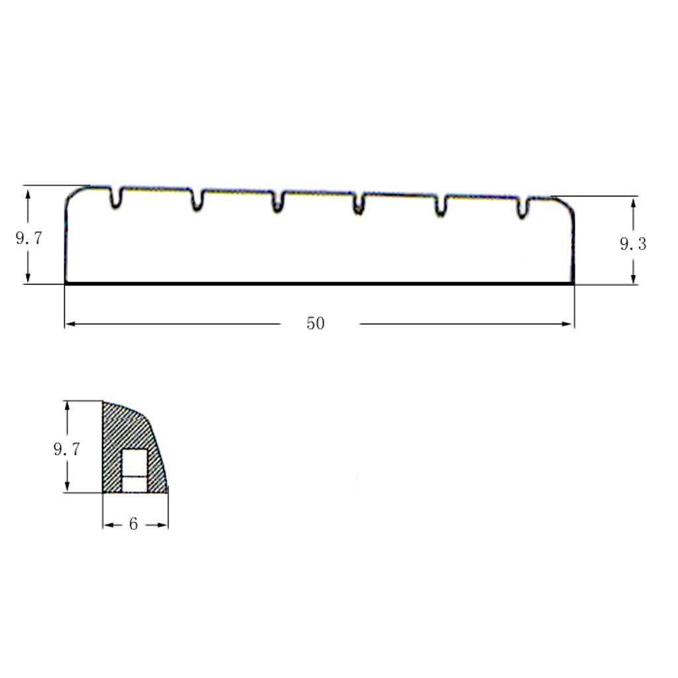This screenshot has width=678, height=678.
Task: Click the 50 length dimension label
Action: click(x=315, y=323)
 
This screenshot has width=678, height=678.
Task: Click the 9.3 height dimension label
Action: click(x=633, y=244)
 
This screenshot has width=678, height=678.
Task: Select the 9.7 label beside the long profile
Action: click(x=29, y=238)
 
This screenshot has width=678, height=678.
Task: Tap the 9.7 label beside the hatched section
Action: click(x=67, y=450)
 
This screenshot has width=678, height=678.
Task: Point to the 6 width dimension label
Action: click(x=133, y=524)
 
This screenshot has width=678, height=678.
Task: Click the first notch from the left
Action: click(x=115, y=197)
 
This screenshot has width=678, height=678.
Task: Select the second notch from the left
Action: click(x=197, y=200)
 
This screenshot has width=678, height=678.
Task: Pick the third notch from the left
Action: click(x=277, y=202)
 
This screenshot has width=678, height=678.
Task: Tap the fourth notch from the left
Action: click(x=358, y=204)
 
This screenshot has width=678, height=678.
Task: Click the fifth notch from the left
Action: click(x=440, y=206)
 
